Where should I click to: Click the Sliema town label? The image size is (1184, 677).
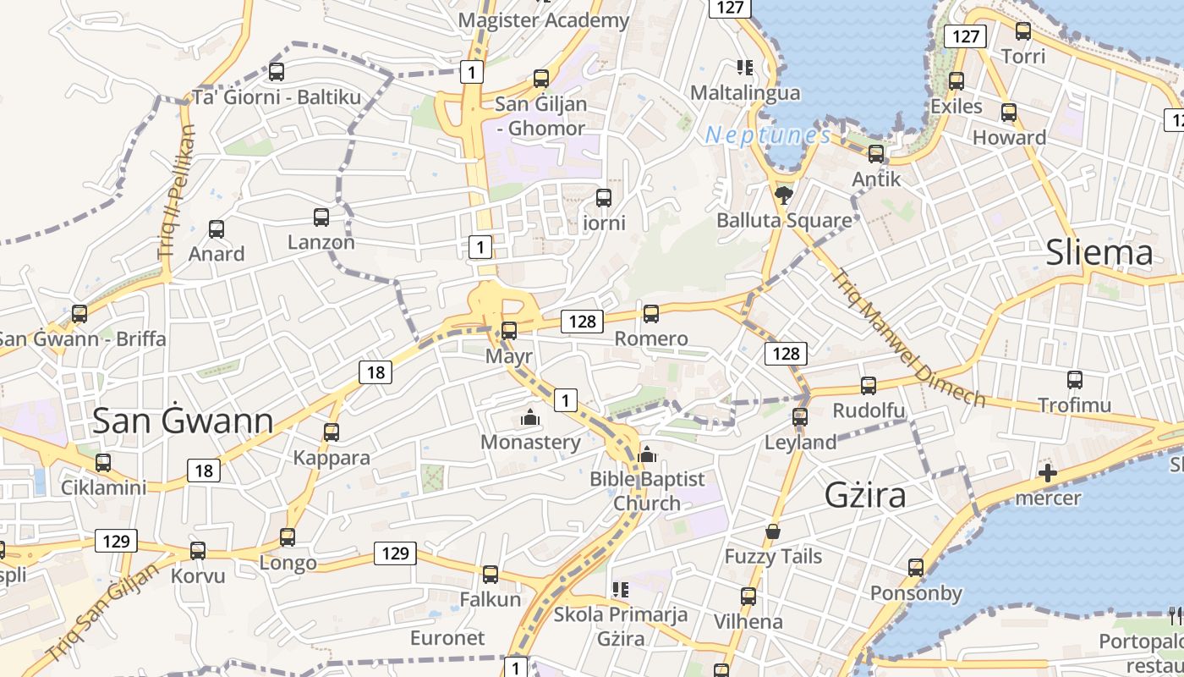coord(1099,252)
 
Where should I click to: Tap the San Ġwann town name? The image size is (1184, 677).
coord(183,421)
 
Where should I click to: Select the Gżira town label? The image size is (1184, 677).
coord(865,494)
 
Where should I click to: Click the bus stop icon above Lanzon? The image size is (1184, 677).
coord(321,217)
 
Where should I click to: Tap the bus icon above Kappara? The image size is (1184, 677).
coord(332,432)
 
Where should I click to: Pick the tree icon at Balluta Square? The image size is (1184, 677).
coord(784,195)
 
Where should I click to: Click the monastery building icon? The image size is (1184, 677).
coord(530,417)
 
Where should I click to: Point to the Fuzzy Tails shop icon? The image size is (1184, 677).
coord(773,531)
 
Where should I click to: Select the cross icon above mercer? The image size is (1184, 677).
coord(1048,473)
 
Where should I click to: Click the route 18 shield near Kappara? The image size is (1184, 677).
coord(375,372)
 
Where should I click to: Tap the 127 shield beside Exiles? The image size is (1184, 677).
coord(965,36)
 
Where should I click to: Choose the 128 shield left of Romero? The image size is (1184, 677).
coord(582,321)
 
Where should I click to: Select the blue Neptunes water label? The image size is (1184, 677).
coord(768,135)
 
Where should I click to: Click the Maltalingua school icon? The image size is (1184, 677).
coord(744,67)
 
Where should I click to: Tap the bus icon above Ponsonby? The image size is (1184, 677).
coord(916,568)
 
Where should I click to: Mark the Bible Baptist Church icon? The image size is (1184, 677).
coord(647,454)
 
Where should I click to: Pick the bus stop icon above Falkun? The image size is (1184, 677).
coord(491,575)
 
